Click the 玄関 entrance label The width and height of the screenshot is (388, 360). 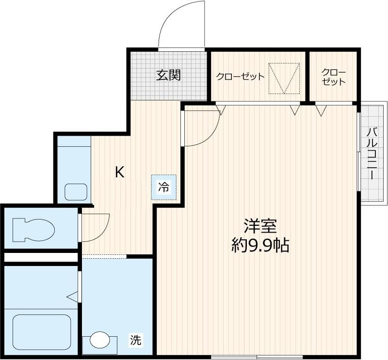point(168,75)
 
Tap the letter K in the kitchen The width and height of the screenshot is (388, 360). point(120,172)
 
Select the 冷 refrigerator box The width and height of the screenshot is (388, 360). point(164,187)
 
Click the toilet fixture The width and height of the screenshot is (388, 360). point(33,230)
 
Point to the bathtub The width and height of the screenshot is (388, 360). point(42,332)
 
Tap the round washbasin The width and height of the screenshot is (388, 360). point(100,340)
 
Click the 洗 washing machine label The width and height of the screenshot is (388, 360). point(136,340)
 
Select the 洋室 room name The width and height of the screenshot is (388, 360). point(260,226)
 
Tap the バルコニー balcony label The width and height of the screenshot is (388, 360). point(372,154)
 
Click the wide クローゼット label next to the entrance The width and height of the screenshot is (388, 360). point(240,77)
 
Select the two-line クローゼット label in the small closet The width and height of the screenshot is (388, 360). point(334,77)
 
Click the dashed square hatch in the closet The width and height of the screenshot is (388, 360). point(284,78)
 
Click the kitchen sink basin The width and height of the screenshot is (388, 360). point(76,192)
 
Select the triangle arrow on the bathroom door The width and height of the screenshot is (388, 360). point(72,296)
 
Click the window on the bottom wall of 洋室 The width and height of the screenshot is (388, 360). point(257,357)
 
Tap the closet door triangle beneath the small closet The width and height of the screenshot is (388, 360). point(321,110)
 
